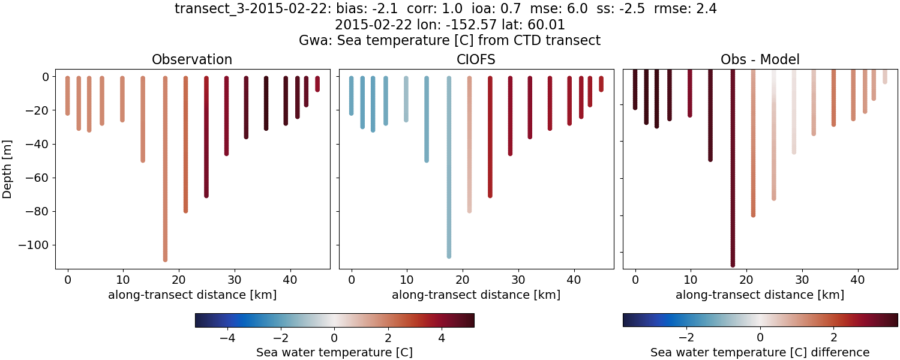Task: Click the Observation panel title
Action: point(192,59)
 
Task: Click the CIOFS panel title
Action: point(476,59)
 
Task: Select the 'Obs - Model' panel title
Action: point(760,59)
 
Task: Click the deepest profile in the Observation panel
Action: point(165,180)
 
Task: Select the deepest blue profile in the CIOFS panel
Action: point(449,180)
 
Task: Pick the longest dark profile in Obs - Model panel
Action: point(733,180)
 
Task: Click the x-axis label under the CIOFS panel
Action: point(476,295)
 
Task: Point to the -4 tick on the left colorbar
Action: point(227,338)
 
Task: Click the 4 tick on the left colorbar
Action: point(442,338)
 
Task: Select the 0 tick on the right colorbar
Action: point(760,338)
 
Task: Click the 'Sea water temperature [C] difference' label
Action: point(760,352)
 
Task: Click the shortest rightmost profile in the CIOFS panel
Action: point(601,84)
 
